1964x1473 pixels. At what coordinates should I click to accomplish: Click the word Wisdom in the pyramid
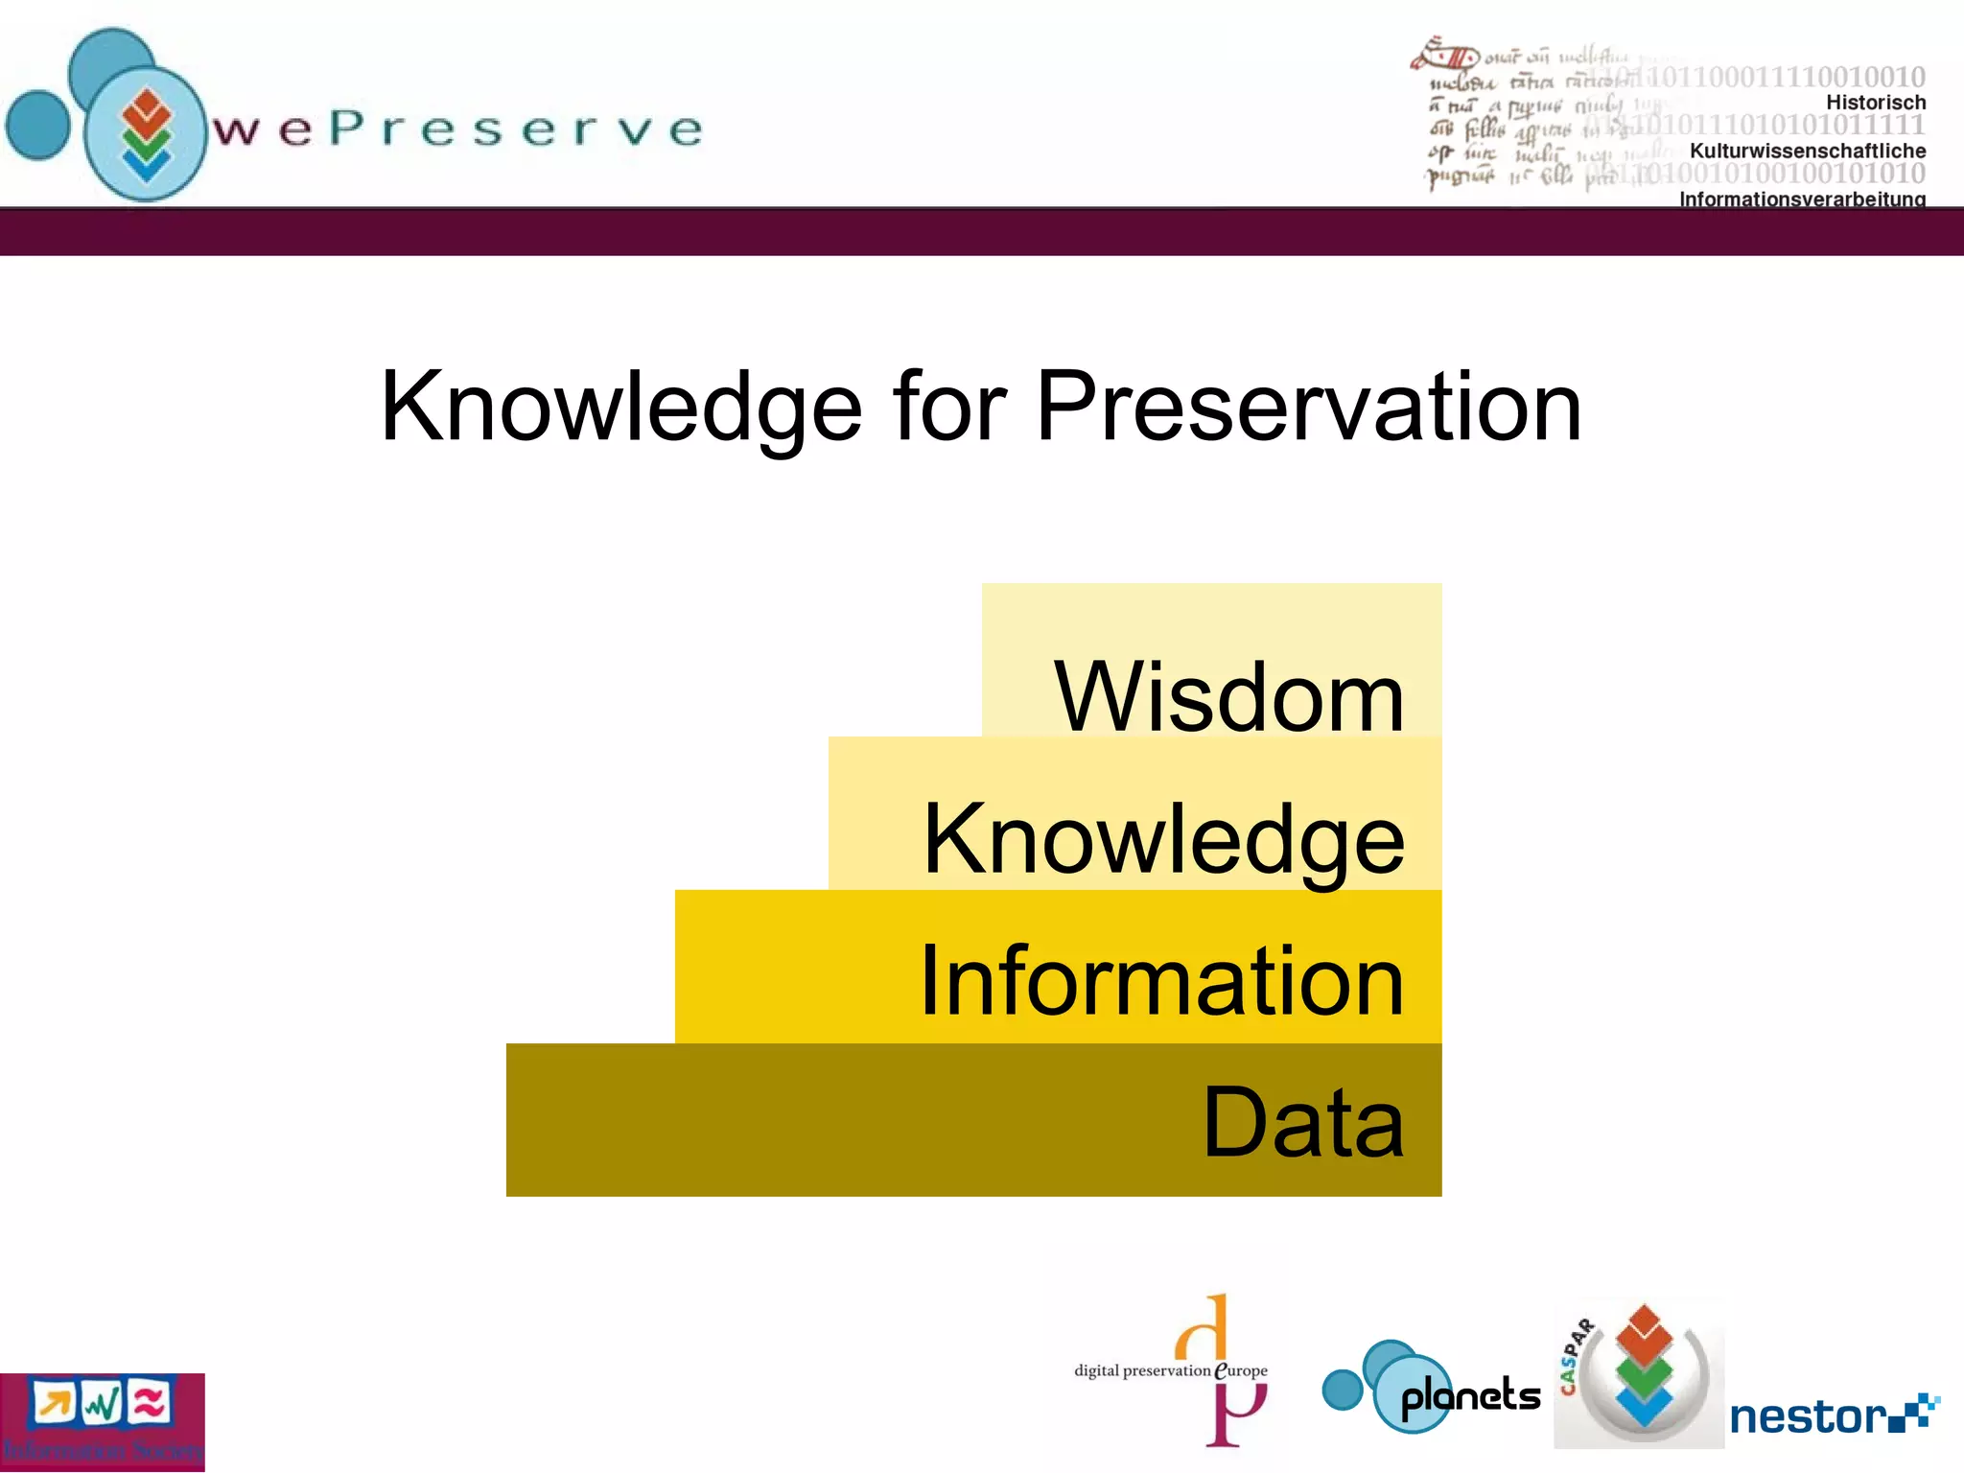pyautogui.click(x=1228, y=697)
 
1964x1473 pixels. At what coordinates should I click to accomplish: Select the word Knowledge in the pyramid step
pyautogui.click(x=1163, y=839)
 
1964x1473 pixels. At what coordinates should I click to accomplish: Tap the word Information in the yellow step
pyautogui.click(x=1161, y=980)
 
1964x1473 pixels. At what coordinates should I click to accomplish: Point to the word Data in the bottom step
pyautogui.click(x=1302, y=1121)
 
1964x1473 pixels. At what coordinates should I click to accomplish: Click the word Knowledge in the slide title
pyautogui.click(x=621, y=408)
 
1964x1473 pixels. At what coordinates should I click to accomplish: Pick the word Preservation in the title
pyautogui.click(x=1308, y=408)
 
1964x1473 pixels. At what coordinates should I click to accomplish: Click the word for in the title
pyautogui.click(x=949, y=408)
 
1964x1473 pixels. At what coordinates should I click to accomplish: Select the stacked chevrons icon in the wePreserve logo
pyautogui.click(x=146, y=135)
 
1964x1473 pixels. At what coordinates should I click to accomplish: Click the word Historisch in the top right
pyautogui.click(x=1875, y=103)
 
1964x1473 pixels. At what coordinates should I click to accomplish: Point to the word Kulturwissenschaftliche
pyautogui.click(x=1807, y=151)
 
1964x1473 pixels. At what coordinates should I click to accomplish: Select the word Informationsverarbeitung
pyautogui.click(x=1802, y=199)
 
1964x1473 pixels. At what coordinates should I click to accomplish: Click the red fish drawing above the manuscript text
pyautogui.click(x=1444, y=55)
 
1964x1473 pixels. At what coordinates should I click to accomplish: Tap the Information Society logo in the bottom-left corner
pyautogui.click(x=102, y=1422)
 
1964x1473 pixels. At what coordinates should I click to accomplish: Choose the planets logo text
pyautogui.click(x=1470, y=1396)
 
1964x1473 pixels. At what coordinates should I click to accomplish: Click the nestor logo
pyautogui.click(x=1833, y=1416)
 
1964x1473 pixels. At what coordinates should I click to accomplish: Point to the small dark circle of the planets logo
pyautogui.click(x=1342, y=1390)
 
